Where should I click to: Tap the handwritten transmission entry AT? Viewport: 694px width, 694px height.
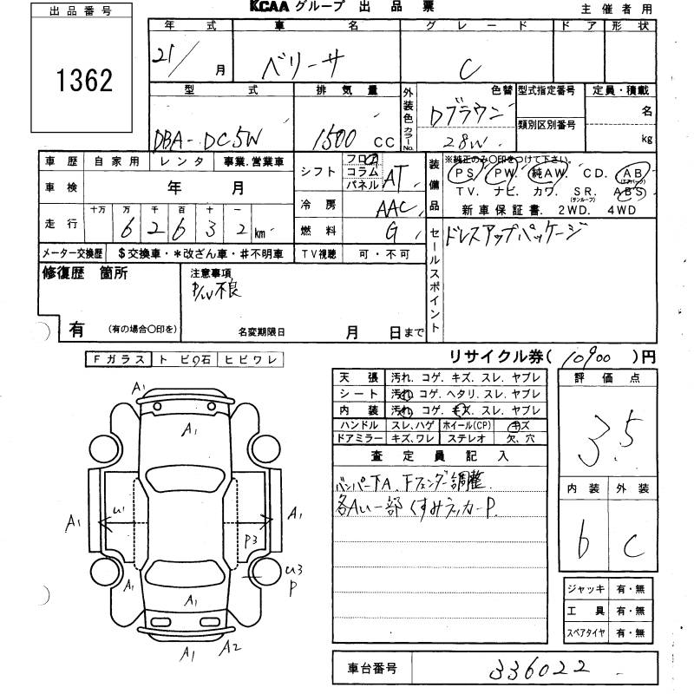pos(396,177)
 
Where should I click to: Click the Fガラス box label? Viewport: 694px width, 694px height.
pos(117,359)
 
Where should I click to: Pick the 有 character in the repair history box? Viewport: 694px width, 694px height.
pos(76,330)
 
